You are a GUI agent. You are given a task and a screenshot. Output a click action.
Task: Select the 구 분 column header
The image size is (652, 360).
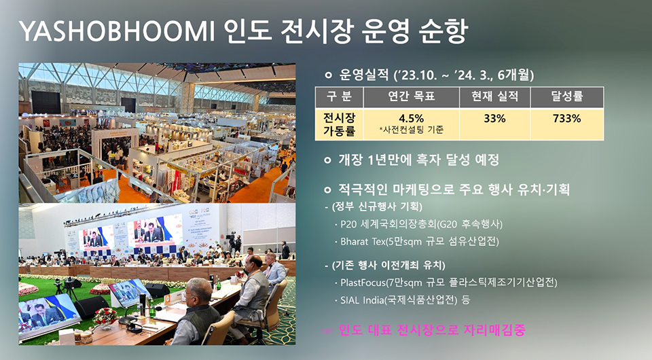[x=340, y=97]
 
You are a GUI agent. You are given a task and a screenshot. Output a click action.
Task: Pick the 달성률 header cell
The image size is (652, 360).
[x=566, y=97]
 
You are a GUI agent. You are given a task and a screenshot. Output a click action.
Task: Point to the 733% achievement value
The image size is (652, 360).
[x=566, y=118]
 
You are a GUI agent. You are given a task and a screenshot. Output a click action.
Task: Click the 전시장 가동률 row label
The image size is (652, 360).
[x=340, y=123]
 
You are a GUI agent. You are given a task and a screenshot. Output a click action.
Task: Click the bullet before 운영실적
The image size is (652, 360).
[x=329, y=73]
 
